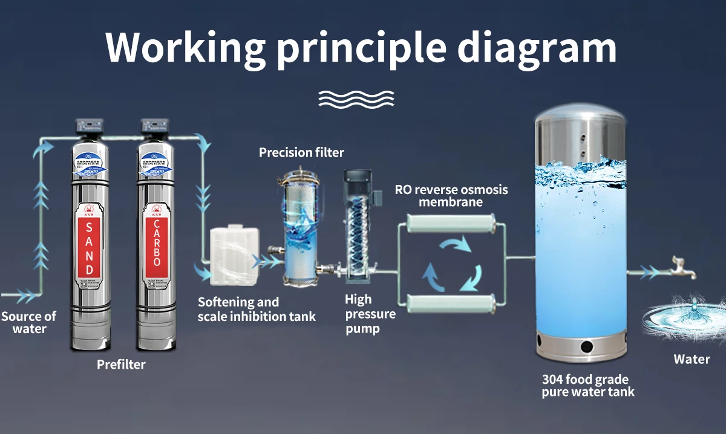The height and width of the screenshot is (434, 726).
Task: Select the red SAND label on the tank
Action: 89,248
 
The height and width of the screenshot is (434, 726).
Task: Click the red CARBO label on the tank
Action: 156,248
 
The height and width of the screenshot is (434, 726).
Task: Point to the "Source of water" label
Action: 28,322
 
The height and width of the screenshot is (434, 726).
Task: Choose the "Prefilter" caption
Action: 121,364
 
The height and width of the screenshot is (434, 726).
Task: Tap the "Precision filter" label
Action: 301,152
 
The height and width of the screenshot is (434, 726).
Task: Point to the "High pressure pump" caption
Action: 370,314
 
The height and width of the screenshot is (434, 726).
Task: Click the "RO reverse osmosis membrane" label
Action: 451,195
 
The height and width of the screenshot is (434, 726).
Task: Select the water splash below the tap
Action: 684,317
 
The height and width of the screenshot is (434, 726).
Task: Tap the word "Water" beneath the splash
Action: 692,360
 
